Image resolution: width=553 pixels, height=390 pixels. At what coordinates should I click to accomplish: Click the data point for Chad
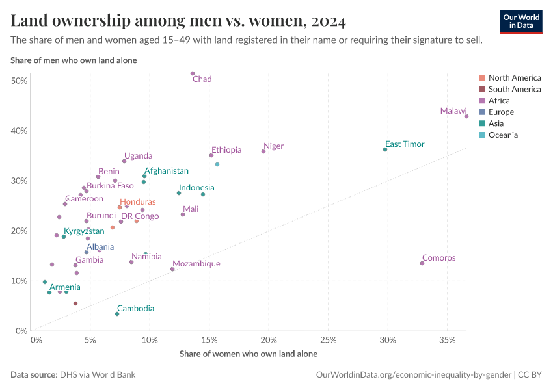pos(193,73)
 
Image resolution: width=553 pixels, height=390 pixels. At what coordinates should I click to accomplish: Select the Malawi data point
pos(466,116)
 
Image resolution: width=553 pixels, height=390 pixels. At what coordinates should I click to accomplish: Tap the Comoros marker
pos(422,263)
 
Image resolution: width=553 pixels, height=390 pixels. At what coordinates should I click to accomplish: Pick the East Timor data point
pos(385,149)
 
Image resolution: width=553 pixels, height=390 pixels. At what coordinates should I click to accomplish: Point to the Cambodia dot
pos(117,314)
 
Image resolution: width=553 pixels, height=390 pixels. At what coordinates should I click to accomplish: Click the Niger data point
pos(263,151)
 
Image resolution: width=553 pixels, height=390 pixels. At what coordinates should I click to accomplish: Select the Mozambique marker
pos(172,269)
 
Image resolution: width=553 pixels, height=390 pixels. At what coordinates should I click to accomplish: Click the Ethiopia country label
pos(226,150)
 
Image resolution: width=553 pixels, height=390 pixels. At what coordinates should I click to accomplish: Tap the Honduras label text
pos(138,202)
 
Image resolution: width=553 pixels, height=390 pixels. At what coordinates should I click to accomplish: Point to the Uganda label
pos(138,156)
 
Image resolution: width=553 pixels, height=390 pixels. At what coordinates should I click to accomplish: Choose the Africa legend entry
pos(499,101)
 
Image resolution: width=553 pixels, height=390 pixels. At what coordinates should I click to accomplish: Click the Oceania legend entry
pos(503,135)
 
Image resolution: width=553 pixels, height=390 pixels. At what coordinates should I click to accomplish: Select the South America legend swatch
pos(481,89)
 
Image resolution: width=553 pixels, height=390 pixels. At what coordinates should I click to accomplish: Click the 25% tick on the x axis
pos(329,340)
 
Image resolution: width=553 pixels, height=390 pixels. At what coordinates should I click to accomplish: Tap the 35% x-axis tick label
pos(447,340)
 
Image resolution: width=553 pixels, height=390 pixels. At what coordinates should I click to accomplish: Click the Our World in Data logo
pos(521,21)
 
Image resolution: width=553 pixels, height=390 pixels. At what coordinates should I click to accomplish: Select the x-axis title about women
pos(248,354)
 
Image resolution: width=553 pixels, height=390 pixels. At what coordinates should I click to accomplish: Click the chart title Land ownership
pos(178,21)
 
